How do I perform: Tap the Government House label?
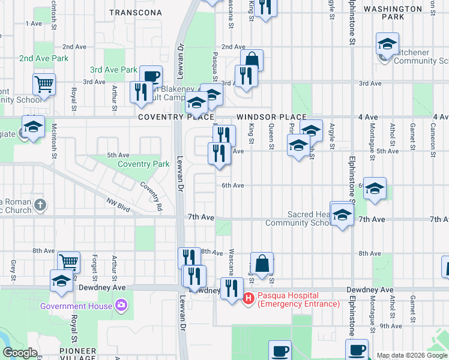(76, 306)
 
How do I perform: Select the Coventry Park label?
(143, 164)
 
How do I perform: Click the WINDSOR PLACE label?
(271, 117)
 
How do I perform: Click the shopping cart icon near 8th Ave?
(69, 262)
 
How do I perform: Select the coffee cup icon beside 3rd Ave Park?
(151, 76)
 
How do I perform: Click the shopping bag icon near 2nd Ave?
(252, 59)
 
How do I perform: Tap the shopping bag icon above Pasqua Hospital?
(262, 263)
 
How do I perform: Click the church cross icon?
(40, 205)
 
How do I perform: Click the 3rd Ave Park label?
(114, 70)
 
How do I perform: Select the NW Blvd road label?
(119, 206)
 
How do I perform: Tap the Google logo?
(19, 353)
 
